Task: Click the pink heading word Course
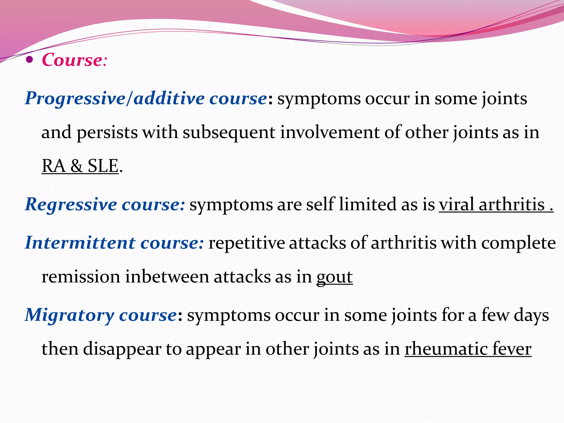coord(72,60)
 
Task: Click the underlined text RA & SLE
coord(80,166)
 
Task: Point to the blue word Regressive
coord(71,205)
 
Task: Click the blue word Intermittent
coord(80,243)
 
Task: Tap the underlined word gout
coord(334,277)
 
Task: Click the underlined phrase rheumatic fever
coord(468,349)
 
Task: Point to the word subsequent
coord(229,132)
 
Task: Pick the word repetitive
coord(246,243)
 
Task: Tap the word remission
coord(81,277)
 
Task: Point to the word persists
coord(107,132)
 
